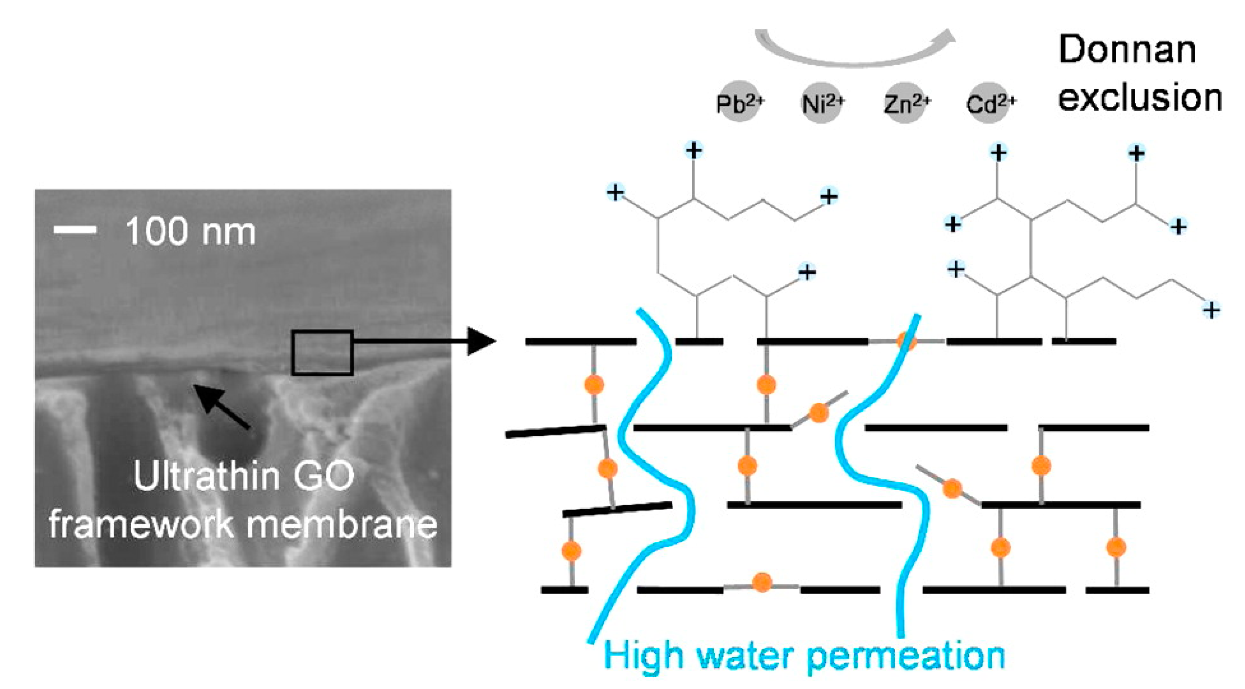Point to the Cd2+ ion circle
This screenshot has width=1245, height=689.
[989, 103]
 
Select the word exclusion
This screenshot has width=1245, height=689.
[1140, 97]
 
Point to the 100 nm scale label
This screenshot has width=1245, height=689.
[190, 232]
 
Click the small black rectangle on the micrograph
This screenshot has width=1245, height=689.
[322, 353]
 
